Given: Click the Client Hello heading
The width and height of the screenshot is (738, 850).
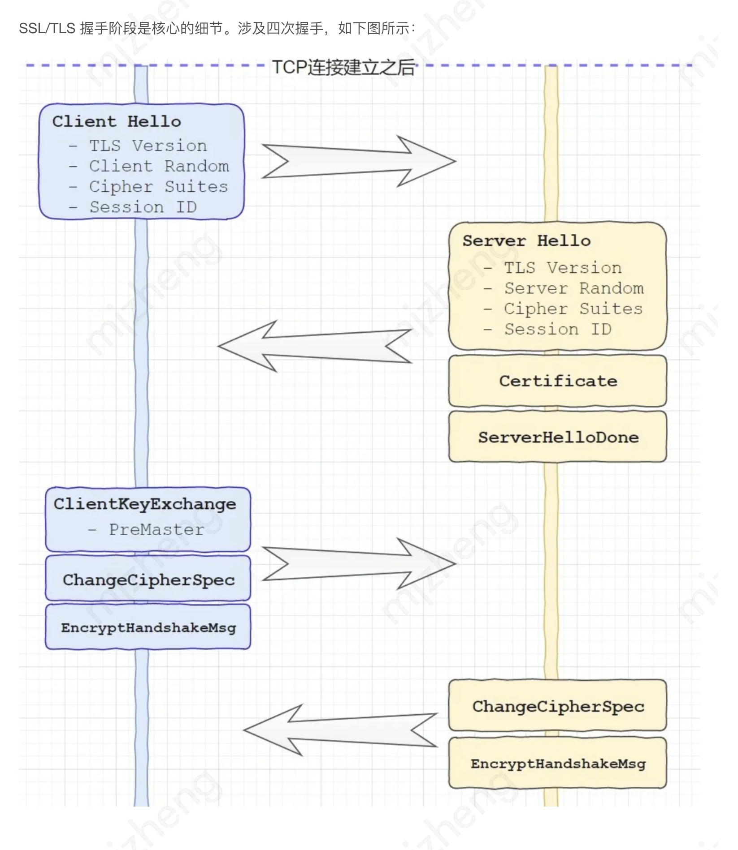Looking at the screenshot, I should (117, 121).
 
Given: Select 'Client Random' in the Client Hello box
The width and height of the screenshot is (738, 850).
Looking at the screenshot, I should (159, 166).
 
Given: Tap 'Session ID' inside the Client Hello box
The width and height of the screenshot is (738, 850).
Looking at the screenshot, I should (143, 207).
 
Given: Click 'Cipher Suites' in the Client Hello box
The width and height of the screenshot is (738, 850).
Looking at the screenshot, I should (158, 186).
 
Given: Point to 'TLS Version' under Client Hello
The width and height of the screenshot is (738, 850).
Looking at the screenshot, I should (148, 146).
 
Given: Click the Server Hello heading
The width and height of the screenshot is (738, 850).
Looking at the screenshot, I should (526, 241).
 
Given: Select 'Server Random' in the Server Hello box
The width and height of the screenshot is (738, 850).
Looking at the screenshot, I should (573, 288).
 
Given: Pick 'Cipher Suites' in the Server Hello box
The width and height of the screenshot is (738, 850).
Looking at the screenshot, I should (573, 309).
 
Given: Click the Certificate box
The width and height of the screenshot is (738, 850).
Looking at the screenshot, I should (558, 381).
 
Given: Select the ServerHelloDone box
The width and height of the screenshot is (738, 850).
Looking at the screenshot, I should (558, 437).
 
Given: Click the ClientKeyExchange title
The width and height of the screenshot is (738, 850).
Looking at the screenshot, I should (144, 504).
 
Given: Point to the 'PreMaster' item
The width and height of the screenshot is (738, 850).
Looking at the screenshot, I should (156, 530).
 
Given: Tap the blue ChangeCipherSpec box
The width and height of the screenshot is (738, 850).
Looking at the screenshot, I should (148, 580).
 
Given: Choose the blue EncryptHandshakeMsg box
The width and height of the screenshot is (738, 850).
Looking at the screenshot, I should (148, 627).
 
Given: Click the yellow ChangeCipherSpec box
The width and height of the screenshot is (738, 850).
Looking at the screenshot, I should (558, 706).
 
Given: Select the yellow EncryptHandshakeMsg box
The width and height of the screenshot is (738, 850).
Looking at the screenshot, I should (558, 764).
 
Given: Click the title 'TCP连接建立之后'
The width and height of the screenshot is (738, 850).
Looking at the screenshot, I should (343, 68).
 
